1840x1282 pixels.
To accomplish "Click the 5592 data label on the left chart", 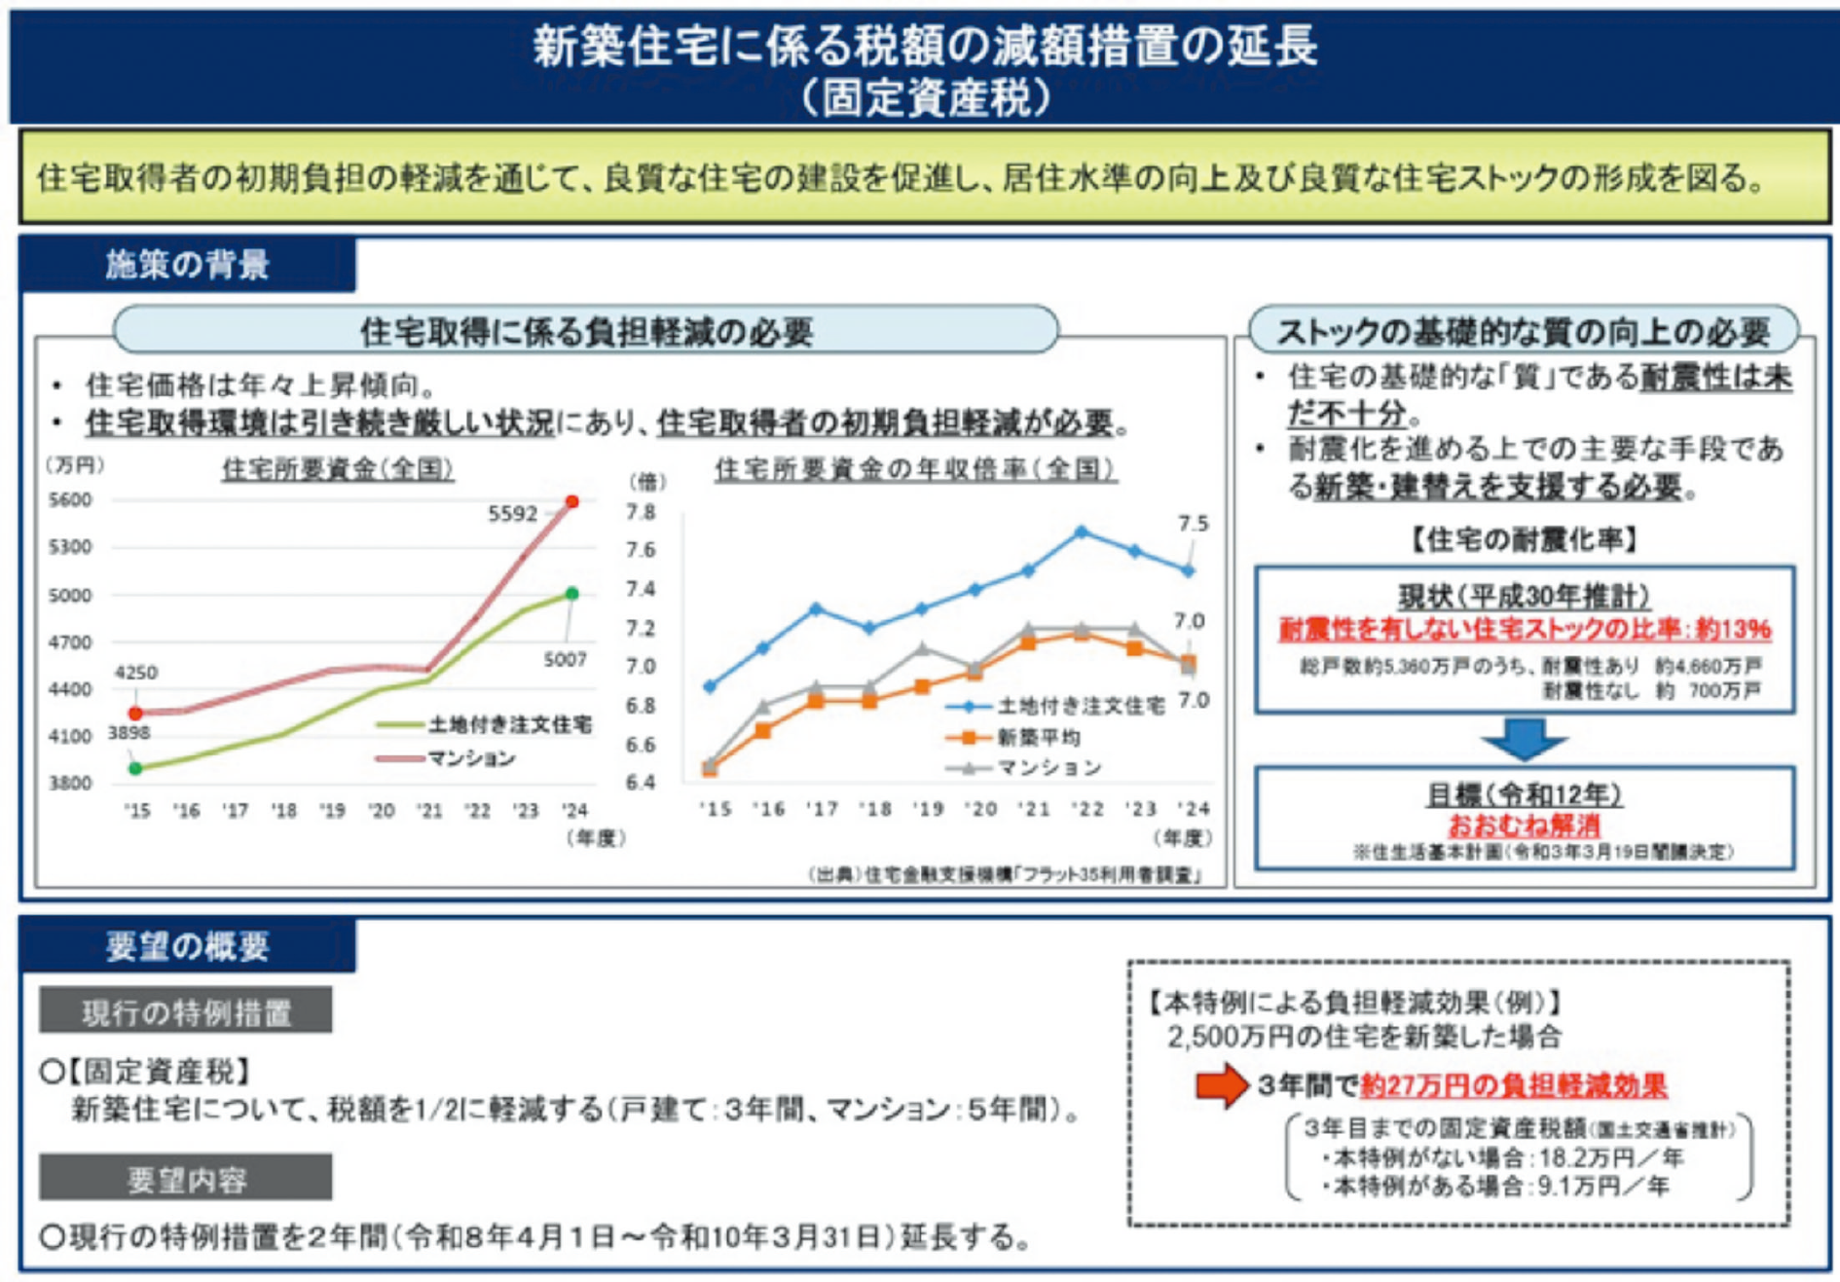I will click(x=512, y=514).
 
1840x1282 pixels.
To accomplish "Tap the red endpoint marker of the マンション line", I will click(x=572, y=501).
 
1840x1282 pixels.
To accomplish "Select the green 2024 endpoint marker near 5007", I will click(x=572, y=593).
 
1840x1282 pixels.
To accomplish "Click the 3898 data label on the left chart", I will click(x=129, y=732).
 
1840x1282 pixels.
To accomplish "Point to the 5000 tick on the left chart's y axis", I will click(x=70, y=595).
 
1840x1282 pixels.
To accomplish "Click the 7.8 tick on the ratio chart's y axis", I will click(x=640, y=512).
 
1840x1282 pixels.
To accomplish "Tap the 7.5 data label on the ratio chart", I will click(x=1193, y=524).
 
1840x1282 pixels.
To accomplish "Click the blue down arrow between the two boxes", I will click(x=1524, y=740).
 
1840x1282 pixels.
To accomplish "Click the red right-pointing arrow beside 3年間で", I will click(x=1222, y=1084).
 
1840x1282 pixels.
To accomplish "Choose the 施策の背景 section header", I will click(x=187, y=265).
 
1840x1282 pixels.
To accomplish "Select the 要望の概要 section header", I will click(x=187, y=946).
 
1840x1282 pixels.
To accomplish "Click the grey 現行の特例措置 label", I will click(x=186, y=1012).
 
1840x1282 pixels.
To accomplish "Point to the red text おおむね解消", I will click(x=1524, y=825).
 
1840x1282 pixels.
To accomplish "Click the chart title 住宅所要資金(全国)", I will click(x=338, y=469).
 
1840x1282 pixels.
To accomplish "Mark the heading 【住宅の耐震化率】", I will click(x=1524, y=539).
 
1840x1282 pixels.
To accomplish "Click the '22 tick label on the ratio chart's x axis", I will click(x=1086, y=809).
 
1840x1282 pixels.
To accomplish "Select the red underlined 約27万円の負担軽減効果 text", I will click(x=1513, y=1084).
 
